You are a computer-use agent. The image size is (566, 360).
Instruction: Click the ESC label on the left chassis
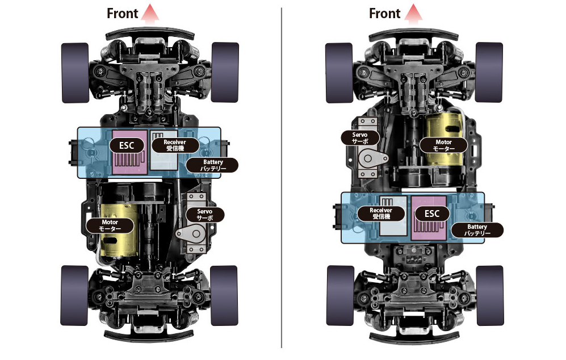click(x=127, y=145)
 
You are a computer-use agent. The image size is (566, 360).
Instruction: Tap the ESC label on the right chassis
click(x=431, y=214)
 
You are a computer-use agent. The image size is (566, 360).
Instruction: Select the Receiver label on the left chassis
click(x=175, y=145)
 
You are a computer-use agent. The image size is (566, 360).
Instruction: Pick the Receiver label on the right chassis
click(x=381, y=213)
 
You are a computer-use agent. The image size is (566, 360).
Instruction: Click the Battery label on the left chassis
click(x=212, y=165)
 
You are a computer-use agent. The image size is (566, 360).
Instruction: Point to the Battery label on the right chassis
click(x=477, y=229)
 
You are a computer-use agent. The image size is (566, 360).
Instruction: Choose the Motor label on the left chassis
click(x=110, y=225)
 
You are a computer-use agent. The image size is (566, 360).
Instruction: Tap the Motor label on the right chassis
click(x=443, y=145)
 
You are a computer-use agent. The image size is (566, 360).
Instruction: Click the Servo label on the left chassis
click(x=205, y=215)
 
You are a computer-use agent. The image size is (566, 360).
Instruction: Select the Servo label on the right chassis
click(x=360, y=137)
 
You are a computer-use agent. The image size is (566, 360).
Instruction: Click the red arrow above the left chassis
click(x=150, y=14)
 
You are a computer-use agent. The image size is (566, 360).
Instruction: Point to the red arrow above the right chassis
click(x=413, y=14)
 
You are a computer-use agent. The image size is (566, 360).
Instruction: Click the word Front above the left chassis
click(x=123, y=14)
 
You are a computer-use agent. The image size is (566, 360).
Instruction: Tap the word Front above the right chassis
click(x=385, y=14)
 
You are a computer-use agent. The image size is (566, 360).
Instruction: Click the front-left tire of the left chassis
click(x=75, y=73)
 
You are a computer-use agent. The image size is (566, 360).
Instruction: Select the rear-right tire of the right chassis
click(x=490, y=295)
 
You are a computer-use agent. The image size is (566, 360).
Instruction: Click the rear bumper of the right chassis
click(x=414, y=338)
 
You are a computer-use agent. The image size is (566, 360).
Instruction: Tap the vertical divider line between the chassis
click(x=282, y=178)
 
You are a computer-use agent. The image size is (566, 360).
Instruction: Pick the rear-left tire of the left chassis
click(x=74, y=295)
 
